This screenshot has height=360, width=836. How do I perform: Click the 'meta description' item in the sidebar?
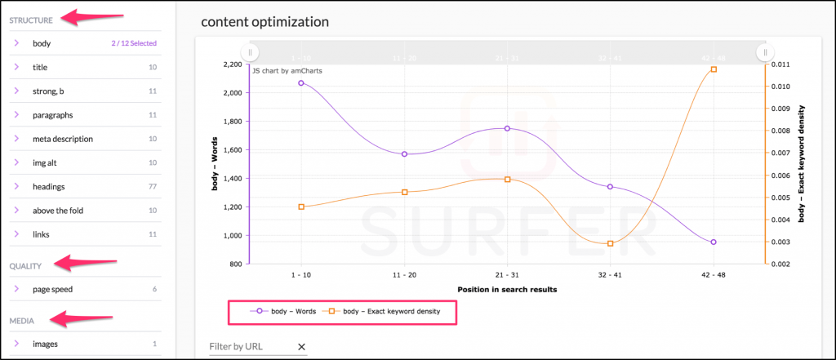pos(63,139)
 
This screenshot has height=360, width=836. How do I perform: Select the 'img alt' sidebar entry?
pos(45,162)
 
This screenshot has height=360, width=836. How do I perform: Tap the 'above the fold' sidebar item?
pos(58,211)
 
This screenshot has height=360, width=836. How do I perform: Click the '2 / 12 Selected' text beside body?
pos(134,43)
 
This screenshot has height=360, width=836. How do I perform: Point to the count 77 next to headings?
pos(152,187)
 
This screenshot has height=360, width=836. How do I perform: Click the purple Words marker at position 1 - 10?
pos(301,82)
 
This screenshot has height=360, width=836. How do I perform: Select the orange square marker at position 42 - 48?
pos(714,69)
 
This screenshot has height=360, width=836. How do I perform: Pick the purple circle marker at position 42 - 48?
pos(714,242)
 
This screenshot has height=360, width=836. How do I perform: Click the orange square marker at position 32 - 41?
pos(610,243)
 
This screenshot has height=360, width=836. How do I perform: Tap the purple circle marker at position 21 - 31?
pos(507,128)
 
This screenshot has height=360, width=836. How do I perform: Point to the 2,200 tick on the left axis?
pos(231,64)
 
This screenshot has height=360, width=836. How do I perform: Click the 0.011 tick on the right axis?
pos(779,64)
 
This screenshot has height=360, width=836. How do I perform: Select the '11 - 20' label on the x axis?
pos(404,275)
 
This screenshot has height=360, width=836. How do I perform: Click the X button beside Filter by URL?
pos(301,347)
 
